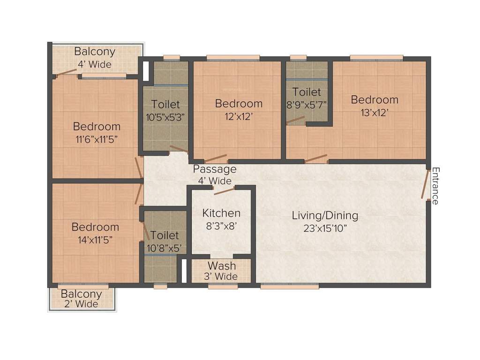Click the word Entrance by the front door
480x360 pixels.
click(x=435, y=186)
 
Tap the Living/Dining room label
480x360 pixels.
click(x=325, y=216)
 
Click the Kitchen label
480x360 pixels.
click(x=221, y=213)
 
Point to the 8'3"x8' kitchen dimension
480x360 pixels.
click(x=221, y=225)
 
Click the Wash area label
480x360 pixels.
click(x=222, y=266)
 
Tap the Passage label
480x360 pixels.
click(x=215, y=169)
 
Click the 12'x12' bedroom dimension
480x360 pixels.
click(x=239, y=116)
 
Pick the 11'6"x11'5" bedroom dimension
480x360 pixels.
click(x=97, y=139)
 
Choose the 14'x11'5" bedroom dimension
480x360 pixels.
click(x=95, y=239)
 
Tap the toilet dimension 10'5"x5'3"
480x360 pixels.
click(x=165, y=117)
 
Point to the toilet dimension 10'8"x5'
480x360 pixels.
click(x=165, y=247)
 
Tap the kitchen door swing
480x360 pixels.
click(x=224, y=190)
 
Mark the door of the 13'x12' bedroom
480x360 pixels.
click(x=316, y=158)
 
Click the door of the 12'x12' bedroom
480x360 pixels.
click(x=216, y=158)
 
